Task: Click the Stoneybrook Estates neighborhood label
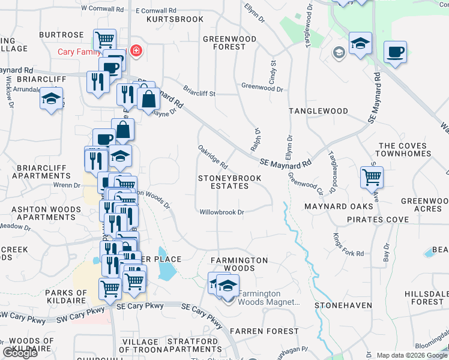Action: coord(224,182)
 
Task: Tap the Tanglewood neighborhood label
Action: coord(318,111)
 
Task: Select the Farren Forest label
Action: coord(264,331)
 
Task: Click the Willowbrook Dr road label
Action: coord(222,212)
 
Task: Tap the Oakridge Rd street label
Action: coord(212,156)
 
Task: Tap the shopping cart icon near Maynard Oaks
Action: coord(372,177)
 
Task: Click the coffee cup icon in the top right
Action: coord(395,52)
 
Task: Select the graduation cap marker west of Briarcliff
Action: coord(52,98)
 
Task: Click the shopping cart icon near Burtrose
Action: coord(105,40)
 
